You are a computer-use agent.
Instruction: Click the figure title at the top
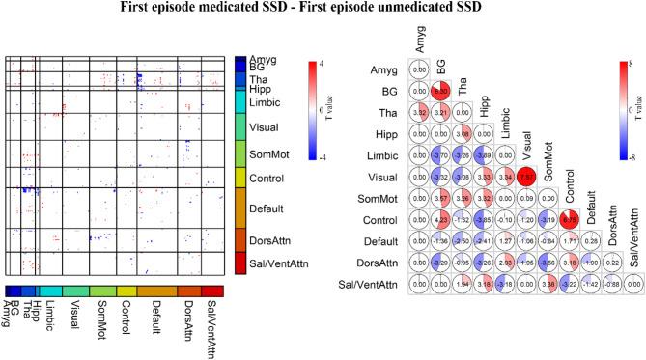coord(323,11)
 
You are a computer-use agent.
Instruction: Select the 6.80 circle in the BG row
coord(441,91)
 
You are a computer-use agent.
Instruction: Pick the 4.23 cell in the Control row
coord(441,218)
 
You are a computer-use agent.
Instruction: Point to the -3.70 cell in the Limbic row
coord(441,154)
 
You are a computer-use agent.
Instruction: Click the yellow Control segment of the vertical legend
coord(240,178)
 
